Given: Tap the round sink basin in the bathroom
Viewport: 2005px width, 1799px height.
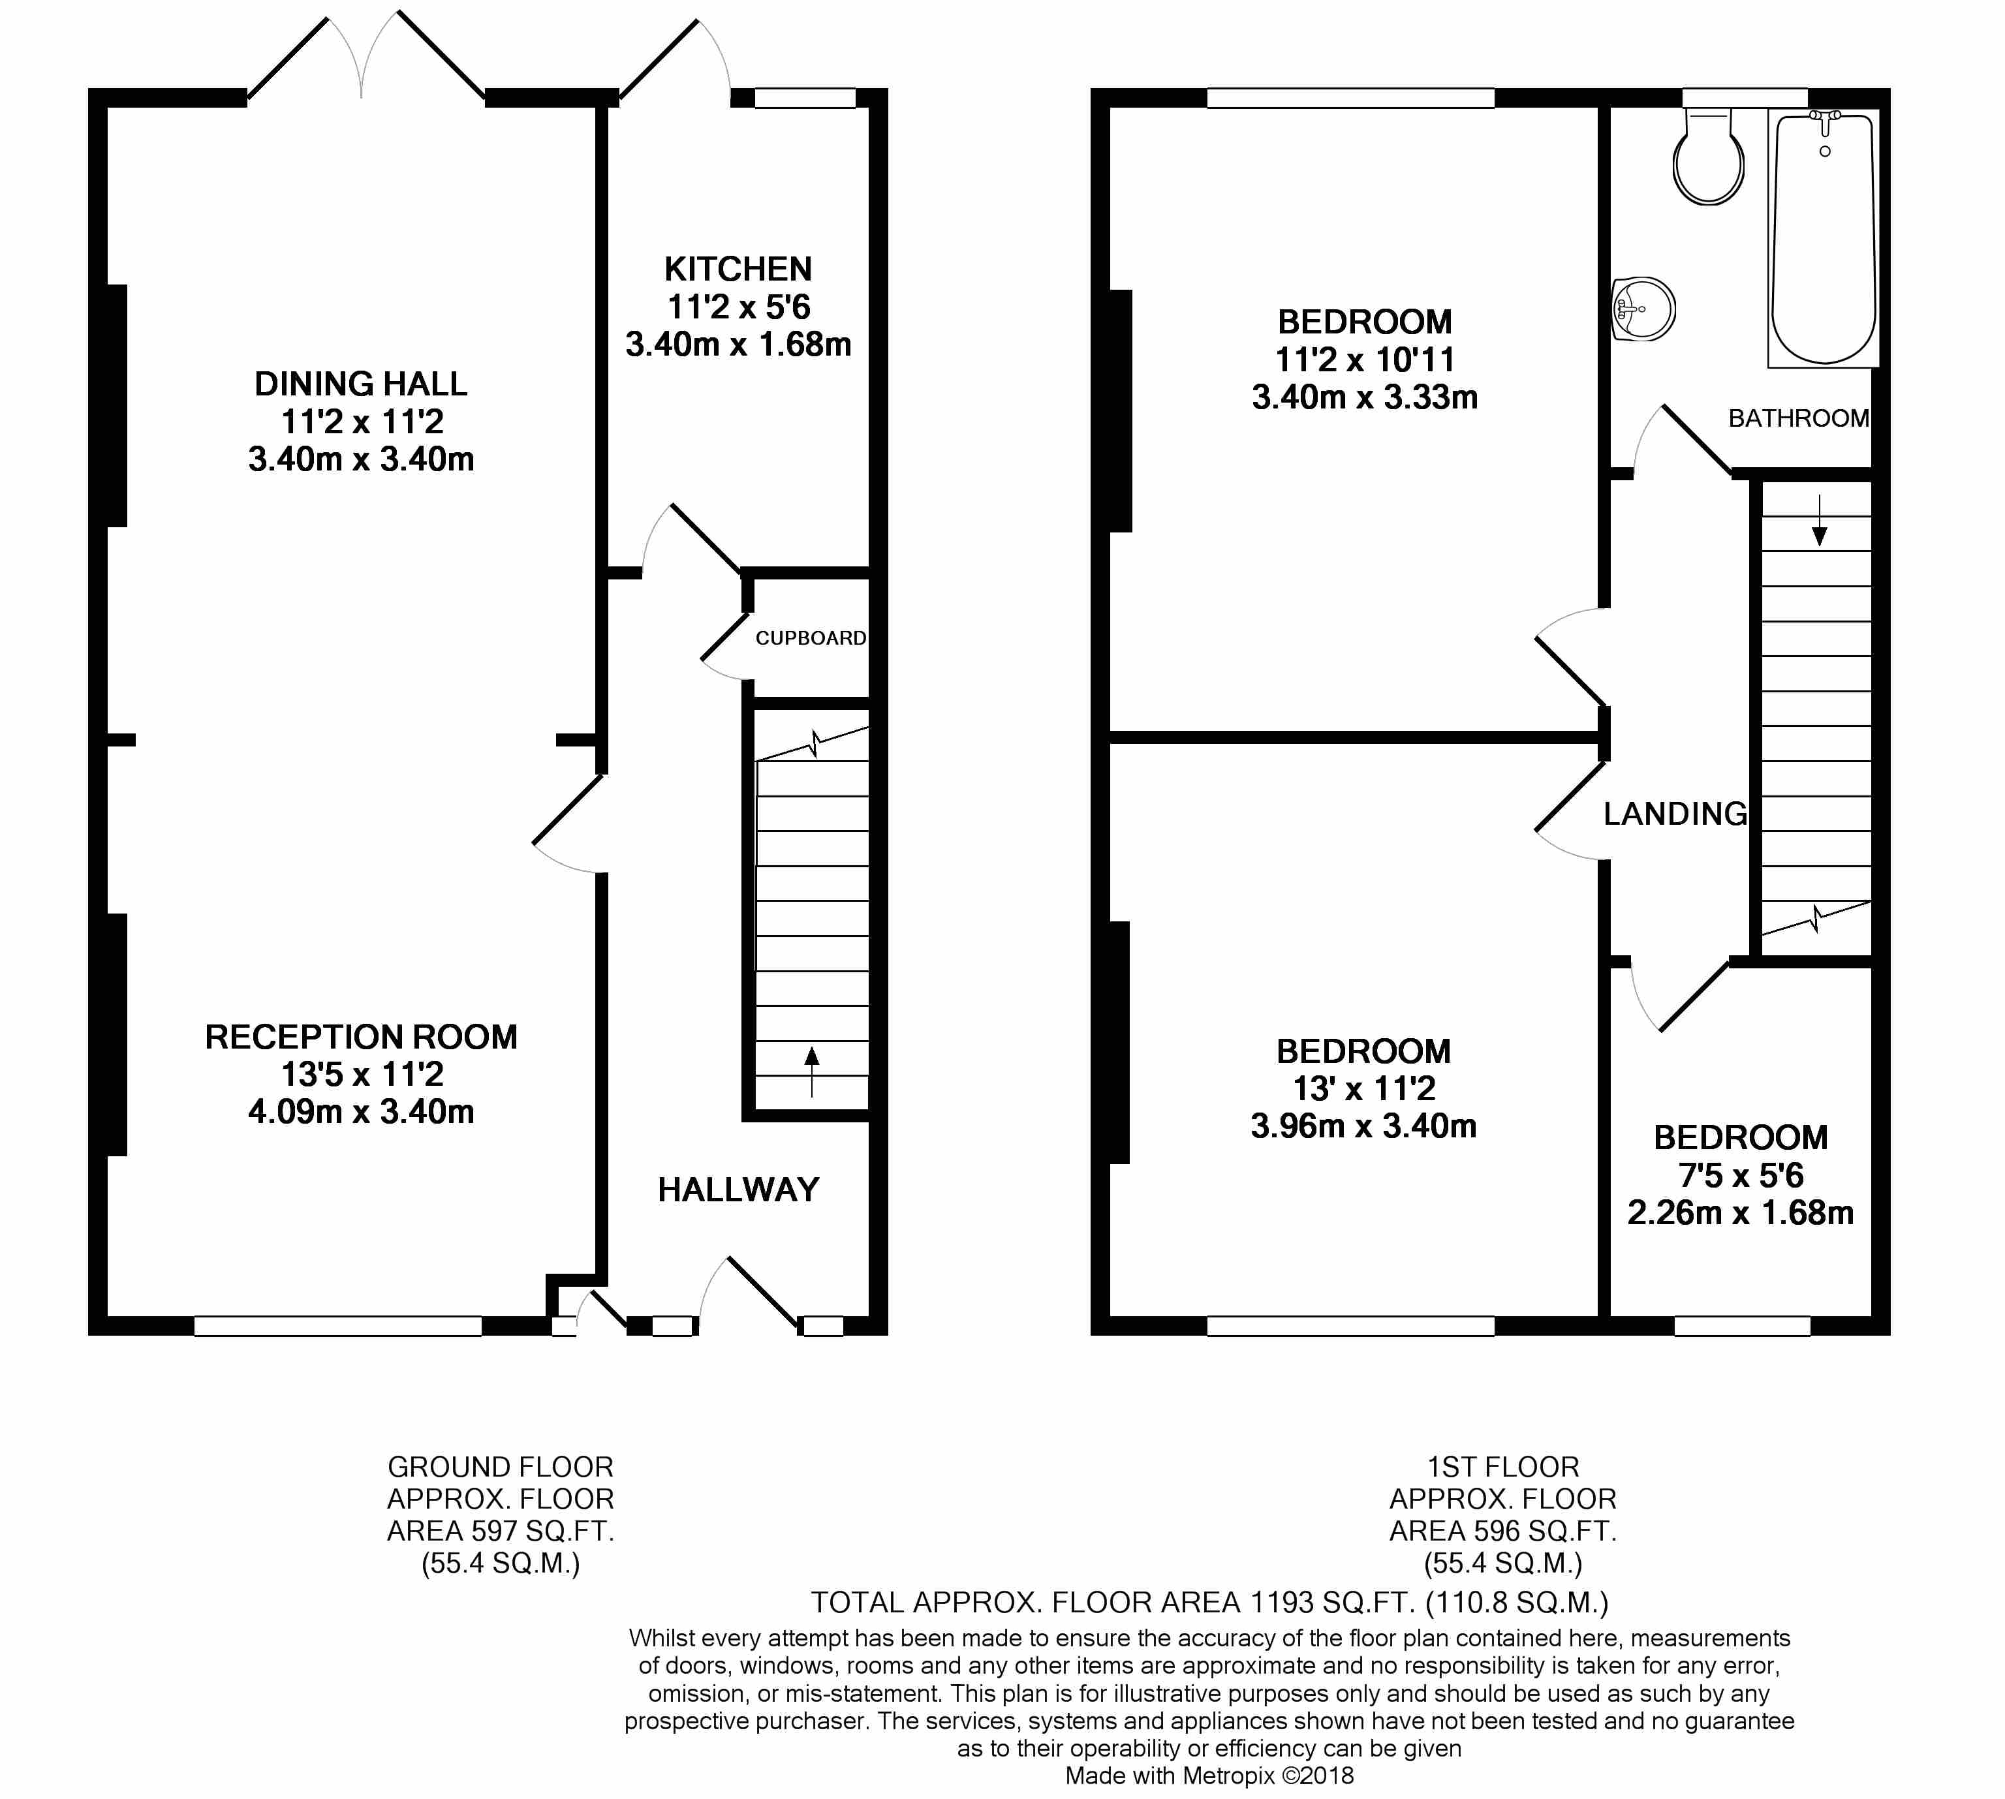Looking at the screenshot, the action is [x=1643, y=309].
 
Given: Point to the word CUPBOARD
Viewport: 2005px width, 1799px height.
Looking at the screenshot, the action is [x=811, y=639].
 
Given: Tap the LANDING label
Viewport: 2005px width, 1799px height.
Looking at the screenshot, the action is [x=1675, y=814].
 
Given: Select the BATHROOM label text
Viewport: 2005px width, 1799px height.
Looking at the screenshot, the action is [x=1798, y=418].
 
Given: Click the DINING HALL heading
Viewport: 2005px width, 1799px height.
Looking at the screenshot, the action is [x=361, y=384].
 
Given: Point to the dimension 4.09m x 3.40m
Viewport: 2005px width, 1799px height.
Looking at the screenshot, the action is [x=361, y=1111].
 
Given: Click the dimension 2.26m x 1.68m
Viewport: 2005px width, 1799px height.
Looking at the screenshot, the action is [x=1740, y=1213].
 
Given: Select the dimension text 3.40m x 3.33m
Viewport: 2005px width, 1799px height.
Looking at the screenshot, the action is [x=1364, y=397].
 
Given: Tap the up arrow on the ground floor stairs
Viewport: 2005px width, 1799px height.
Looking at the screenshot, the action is [x=812, y=1071].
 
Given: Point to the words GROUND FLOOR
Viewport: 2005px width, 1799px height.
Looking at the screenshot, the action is [x=500, y=1467].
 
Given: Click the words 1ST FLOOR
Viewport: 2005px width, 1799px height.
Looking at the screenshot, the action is [x=1502, y=1467].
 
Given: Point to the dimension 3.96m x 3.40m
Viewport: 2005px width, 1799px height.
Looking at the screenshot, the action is [x=1363, y=1126].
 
